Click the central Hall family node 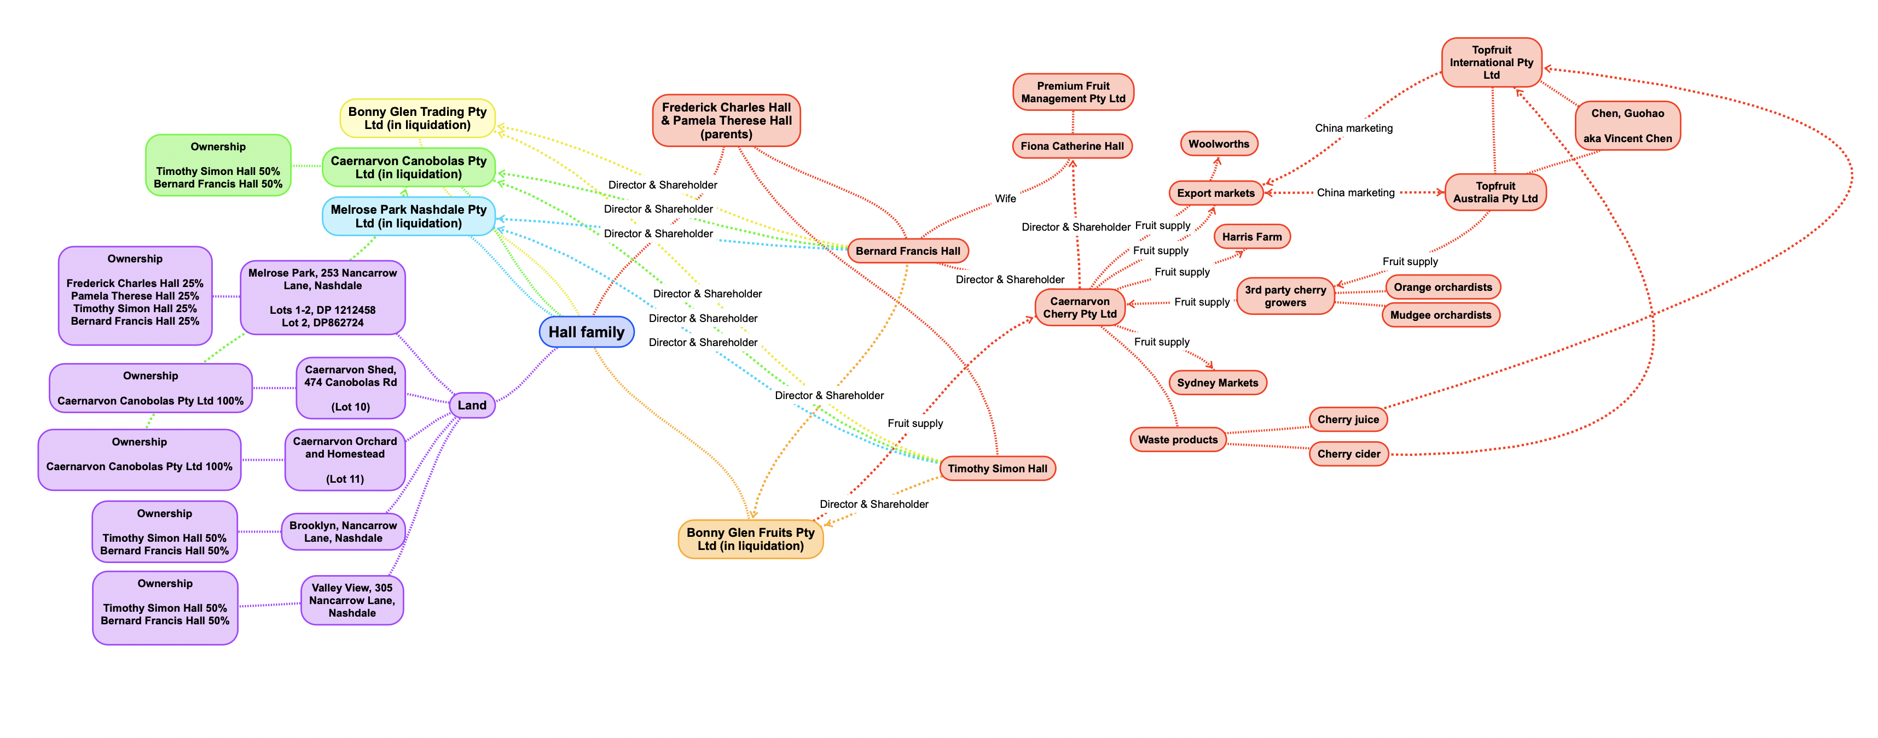[586, 332]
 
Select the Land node [472, 405]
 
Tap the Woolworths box [1218, 144]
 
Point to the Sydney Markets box [1217, 383]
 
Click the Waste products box [1178, 440]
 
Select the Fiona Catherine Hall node [1071, 146]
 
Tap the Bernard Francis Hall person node [908, 250]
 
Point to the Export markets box [1215, 193]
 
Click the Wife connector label [1005, 198]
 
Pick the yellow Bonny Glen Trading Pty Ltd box [417, 118]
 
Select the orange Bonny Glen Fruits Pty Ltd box [750, 539]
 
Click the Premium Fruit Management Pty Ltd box [1073, 92]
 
